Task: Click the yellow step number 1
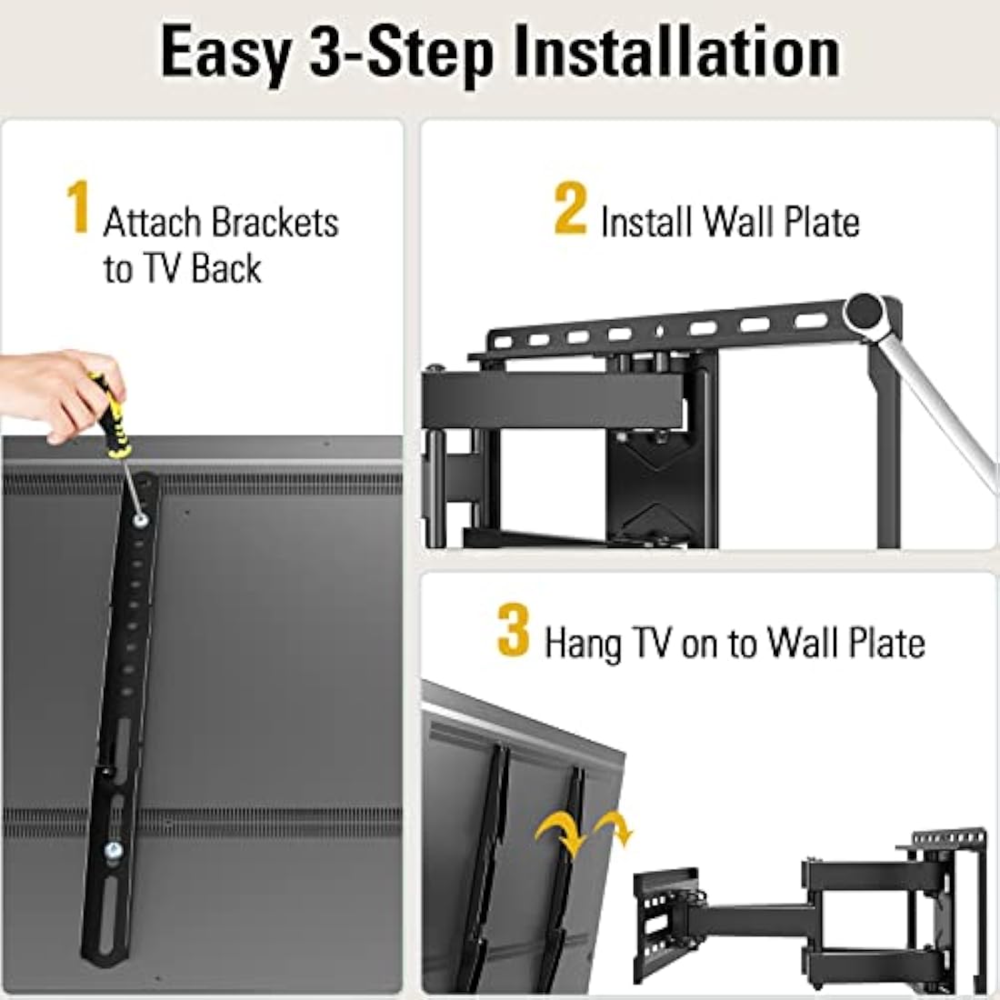[79, 207]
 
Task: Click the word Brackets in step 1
[275, 223]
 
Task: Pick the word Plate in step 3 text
[885, 643]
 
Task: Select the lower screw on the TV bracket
[113, 852]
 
